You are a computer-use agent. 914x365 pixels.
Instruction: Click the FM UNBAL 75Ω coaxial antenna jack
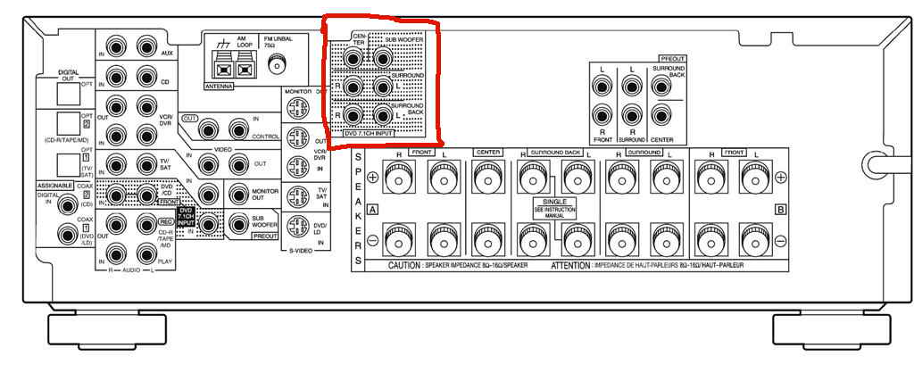279,63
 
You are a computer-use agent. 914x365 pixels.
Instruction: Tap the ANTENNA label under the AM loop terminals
219,87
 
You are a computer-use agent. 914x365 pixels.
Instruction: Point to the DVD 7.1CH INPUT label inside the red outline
369,133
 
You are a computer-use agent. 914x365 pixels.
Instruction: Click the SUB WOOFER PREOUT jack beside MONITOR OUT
238,224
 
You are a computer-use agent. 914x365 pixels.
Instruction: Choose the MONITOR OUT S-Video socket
297,107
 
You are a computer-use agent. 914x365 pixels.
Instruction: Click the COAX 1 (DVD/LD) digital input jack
66,235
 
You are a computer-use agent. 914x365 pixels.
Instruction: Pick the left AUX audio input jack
146,45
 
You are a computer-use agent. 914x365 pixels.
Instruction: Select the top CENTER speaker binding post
487,179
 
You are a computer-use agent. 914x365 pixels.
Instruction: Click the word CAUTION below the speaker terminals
410,266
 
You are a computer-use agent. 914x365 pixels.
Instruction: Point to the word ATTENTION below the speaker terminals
571,266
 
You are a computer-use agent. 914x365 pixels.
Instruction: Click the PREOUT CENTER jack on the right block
661,117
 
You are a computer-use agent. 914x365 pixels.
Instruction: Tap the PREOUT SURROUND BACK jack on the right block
661,87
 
